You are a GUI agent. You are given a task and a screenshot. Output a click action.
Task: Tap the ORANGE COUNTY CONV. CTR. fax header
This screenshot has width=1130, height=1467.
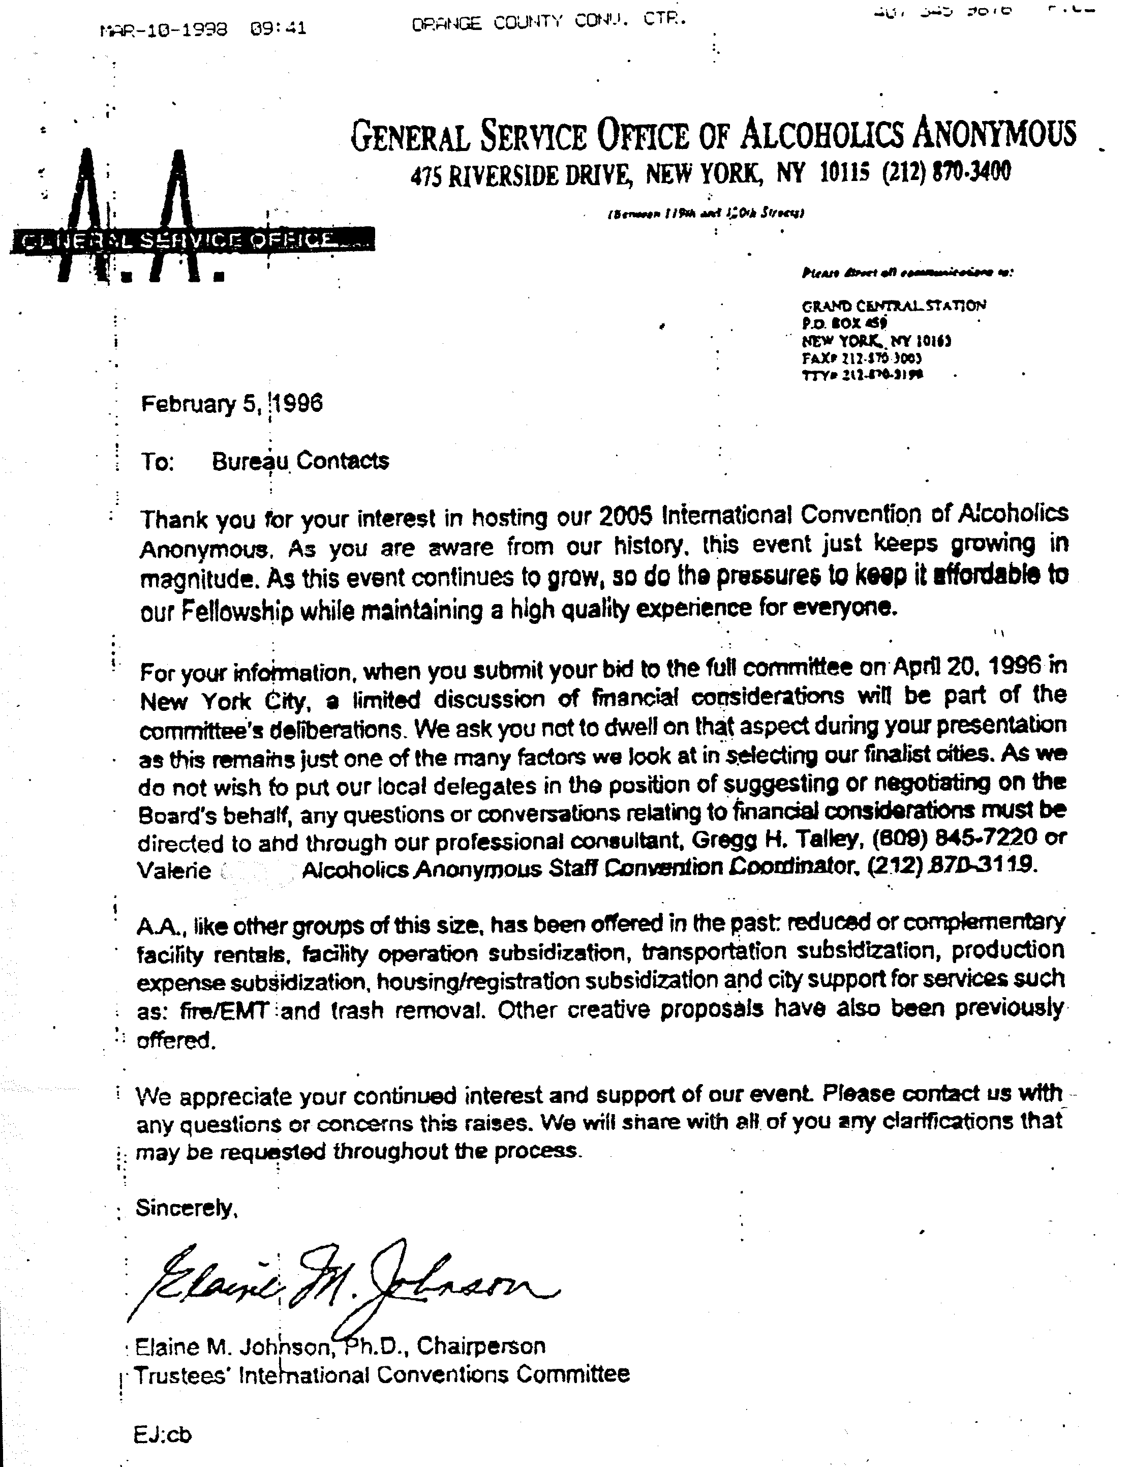coord(548,22)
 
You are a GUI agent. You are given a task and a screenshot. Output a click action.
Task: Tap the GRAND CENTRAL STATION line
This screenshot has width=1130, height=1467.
coord(893,306)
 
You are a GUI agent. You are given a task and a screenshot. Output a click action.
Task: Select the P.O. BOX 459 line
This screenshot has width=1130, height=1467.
coord(845,323)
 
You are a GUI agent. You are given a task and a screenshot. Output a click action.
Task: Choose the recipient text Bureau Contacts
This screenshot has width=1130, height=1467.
coord(300,461)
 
